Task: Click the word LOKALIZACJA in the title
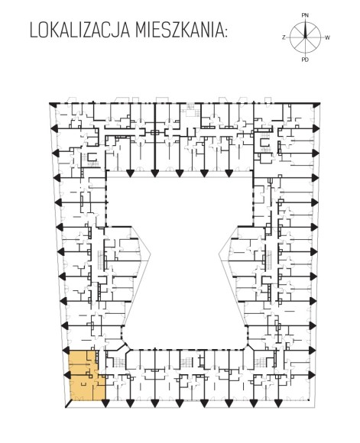(x=79, y=31)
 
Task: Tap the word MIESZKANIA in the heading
(x=180, y=31)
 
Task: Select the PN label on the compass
(x=305, y=15)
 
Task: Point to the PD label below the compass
(x=305, y=60)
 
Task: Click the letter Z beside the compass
(x=284, y=37)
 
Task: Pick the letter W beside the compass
(x=327, y=37)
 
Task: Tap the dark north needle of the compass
(x=305, y=30)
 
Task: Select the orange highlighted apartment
(x=86, y=376)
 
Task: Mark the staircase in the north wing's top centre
(x=191, y=110)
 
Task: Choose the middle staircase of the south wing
(x=186, y=362)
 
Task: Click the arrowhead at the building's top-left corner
(x=53, y=104)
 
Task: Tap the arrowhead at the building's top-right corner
(x=316, y=105)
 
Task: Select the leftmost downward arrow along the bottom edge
(x=105, y=403)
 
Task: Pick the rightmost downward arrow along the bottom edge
(x=278, y=403)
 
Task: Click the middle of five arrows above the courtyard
(x=180, y=173)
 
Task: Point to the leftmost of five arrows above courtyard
(x=130, y=173)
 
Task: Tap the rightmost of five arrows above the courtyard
(x=229, y=173)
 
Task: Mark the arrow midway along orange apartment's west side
(x=66, y=375)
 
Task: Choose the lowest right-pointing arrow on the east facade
(x=312, y=375)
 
